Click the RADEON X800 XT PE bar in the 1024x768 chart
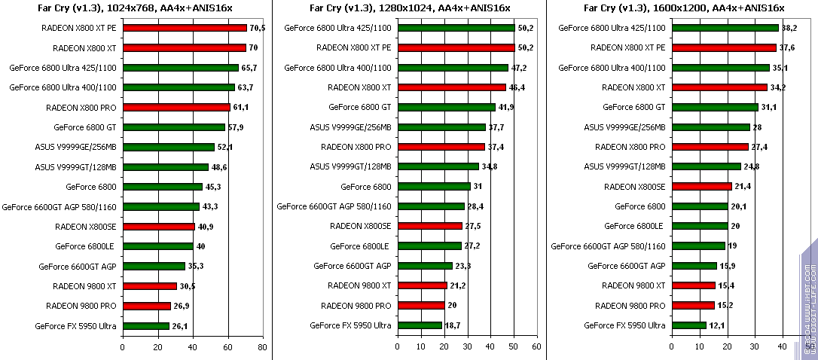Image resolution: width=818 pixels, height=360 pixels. pos(185,28)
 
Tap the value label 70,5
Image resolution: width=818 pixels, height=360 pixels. pos(258,28)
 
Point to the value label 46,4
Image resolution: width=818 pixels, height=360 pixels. pos(517,87)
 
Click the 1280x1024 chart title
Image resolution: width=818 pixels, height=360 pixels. pos(410,8)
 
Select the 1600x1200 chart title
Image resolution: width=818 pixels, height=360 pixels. pos(684,8)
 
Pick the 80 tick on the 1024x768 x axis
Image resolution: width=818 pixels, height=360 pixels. pos(262,347)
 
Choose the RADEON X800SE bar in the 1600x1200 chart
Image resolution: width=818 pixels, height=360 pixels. pos(701,186)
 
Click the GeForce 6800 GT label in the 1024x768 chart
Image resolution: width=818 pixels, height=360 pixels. pos(84,127)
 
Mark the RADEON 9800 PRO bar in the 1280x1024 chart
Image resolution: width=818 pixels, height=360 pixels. pos(420,306)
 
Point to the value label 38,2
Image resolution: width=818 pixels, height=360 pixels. pos(789,28)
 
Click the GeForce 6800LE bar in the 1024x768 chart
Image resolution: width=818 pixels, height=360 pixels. pos(157,246)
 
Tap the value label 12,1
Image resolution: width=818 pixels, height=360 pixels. pos(717,325)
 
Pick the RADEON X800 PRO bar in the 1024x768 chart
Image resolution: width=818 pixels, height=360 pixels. pos(176,107)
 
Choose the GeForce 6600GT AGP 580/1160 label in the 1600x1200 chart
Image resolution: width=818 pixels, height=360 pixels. pos(609,246)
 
